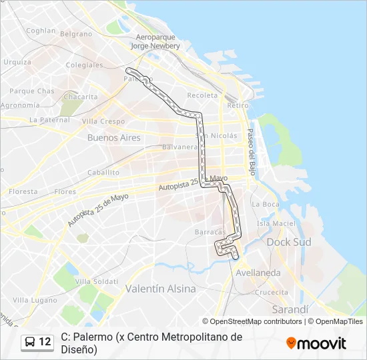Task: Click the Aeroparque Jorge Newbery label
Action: coord(155,42)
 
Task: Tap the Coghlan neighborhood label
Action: coord(41,30)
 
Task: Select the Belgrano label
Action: coord(76,33)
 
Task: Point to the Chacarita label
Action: coord(80,97)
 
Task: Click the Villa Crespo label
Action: coord(103,121)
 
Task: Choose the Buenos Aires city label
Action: coord(114,137)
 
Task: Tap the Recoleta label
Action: coord(202,95)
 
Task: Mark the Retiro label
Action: coord(238,105)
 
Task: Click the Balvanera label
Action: coord(180,147)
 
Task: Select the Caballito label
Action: coord(103,172)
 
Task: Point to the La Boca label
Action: coord(266,204)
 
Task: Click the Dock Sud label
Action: coord(289,242)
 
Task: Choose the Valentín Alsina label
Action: coord(161,289)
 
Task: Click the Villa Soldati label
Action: coord(96,281)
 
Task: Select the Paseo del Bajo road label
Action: coord(252,149)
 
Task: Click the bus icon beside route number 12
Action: coord(31,342)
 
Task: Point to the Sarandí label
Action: coord(291,310)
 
